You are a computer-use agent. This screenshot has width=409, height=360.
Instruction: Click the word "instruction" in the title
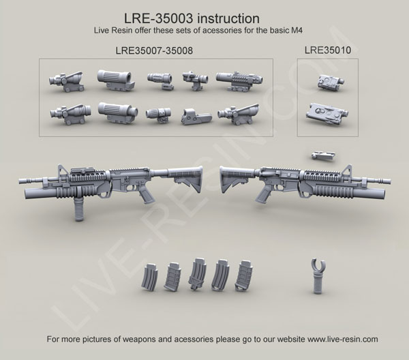pos(228,18)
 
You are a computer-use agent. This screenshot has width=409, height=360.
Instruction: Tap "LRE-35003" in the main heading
pos(159,18)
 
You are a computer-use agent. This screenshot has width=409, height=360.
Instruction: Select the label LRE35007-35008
pos(154,50)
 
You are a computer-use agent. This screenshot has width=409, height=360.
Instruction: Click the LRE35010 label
pos(328,50)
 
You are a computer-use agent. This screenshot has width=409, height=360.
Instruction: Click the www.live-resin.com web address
pos(342,339)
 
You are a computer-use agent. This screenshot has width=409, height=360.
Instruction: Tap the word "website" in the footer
pos(291,339)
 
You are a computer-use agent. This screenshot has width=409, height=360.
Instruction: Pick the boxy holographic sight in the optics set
pos(196,117)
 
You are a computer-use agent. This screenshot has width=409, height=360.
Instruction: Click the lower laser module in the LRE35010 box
pos(327,115)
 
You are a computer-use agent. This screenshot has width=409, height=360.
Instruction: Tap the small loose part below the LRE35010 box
pos(323,155)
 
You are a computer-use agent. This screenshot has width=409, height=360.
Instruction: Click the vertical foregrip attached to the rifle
pos(79,208)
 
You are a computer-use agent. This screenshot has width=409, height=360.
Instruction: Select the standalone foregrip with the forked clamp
pos(318,276)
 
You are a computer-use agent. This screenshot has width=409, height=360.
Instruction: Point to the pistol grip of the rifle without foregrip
pos(263,194)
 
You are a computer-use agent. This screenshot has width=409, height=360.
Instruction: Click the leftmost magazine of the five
pos(150,277)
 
